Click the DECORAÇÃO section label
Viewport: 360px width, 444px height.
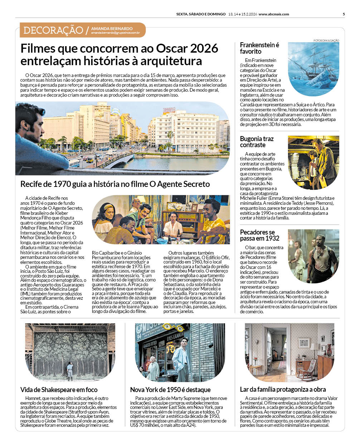click(x=53, y=30)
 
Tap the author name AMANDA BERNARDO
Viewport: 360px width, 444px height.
click(x=112, y=28)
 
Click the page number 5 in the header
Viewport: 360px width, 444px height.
click(x=344, y=14)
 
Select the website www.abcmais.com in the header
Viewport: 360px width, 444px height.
click(x=273, y=14)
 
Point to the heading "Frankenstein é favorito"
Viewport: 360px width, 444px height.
click(x=259, y=48)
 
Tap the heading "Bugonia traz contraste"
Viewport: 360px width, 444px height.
click(x=257, y=142)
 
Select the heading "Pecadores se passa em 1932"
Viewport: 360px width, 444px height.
click(x=259, y=235)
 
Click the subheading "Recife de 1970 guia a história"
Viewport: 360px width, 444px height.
click(x=115, y=184)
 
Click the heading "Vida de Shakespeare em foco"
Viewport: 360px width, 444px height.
click(x=59, y=390)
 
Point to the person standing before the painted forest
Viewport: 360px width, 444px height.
click(x=70, y=371)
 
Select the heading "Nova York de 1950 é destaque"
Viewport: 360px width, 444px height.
click(x=170, y=390)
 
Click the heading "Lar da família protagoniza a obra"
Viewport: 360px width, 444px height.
click(x=283, y=389)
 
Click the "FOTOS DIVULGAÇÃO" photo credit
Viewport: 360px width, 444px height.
click(x=326, y=40)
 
